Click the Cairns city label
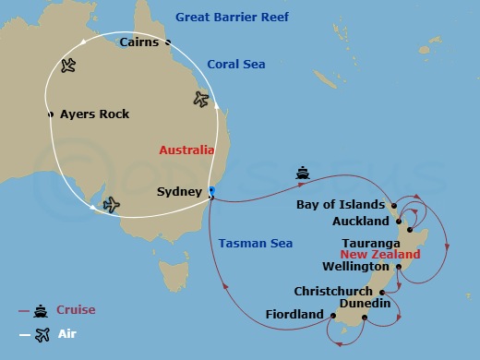[x=140, y=42]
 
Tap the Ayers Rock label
[x=94, y=114]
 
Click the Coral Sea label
[x=235, y=65]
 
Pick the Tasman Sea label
[x=256, y=244]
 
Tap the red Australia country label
[x=186, y=150]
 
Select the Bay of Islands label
[x=341, y=205]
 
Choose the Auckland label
[x=361, y=222]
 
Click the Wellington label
[x=355, y=266]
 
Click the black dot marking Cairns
[x=168, y=42]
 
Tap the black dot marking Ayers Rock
[x=51, y=114]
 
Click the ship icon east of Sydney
[x=303, y=173]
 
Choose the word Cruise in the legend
[x=76, y=310]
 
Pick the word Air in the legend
[x=66, y=334]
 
